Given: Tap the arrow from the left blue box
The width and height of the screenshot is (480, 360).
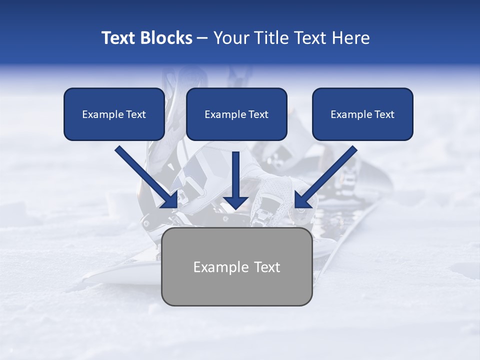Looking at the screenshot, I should pyautogui.click(x=145, y=176).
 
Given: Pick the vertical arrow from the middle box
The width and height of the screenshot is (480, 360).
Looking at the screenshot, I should pyautogui.click(x=236, y=177).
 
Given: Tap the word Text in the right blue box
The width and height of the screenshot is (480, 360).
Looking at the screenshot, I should pyautogui.click(x=384, y=114).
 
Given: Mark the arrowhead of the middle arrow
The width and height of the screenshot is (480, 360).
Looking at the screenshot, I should pyautogui.click(x=236, y=201).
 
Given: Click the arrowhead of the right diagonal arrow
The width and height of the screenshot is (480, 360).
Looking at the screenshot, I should pyautogui.click(x=302, y=200).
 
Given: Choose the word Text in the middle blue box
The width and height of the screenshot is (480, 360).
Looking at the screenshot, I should pyautogui.click(x=258, y=114).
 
